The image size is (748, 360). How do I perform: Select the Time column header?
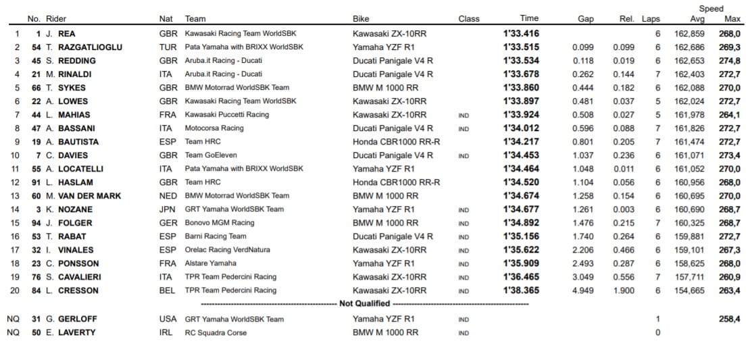click(529, 19)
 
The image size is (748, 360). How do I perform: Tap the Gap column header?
click(585, 19)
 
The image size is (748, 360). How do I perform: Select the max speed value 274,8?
click(728, 60)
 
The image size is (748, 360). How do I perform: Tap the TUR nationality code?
click(168, 47)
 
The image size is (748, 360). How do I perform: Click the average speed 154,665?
click(689, 290)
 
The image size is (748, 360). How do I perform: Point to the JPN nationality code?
click(168, 209)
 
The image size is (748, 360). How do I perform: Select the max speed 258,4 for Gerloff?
click(728, 319)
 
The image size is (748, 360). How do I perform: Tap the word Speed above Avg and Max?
click(711, 9)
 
